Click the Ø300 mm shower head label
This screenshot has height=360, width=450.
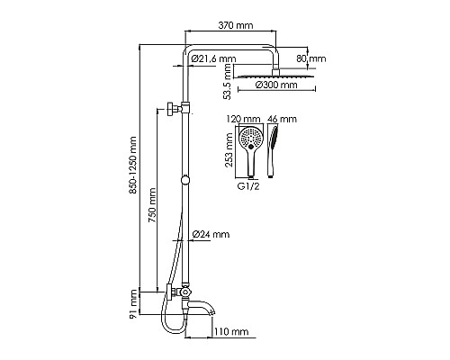coord(276,86)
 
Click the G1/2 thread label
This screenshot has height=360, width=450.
coord(250,187)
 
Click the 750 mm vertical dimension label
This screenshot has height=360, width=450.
coord(153,207)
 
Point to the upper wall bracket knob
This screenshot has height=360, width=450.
coord(171,112)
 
